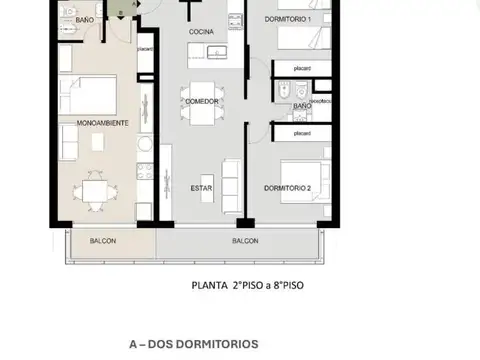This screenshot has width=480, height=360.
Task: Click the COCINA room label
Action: pos(201,32)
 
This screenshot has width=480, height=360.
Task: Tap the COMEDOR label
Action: pos(201,101)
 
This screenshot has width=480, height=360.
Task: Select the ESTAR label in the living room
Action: pos(201,187)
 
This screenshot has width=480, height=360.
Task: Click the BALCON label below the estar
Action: pos(245,242)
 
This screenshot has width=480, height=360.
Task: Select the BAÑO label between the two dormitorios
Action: pos(301,105)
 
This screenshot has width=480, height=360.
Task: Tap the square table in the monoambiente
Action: pos(97,190)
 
